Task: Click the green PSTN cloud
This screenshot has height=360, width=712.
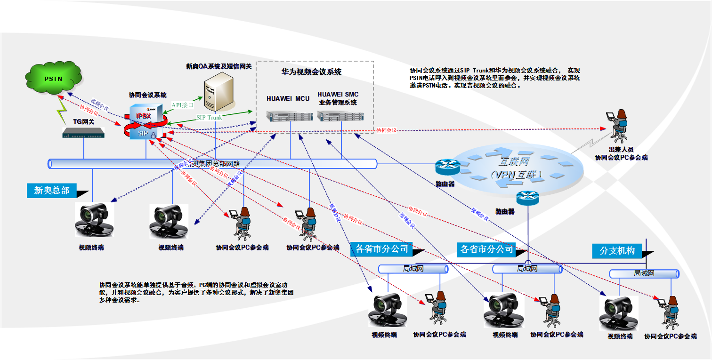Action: tap(53, 78)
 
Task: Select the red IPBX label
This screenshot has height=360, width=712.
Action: tap(144, 116)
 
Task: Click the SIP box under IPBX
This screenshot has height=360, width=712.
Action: tap(144, 133)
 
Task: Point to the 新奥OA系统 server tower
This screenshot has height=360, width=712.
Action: tap(219, 91)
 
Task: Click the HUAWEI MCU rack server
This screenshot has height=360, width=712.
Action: tap(288, 116)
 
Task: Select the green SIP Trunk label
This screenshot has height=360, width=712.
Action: tap(209, 117)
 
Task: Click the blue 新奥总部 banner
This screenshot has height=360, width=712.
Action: tap(52, 191)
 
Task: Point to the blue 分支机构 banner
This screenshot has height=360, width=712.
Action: tap(617, 251)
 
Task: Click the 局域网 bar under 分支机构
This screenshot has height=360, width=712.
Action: tap(644, 273)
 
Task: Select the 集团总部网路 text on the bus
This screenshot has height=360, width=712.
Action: tap(217, 164)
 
